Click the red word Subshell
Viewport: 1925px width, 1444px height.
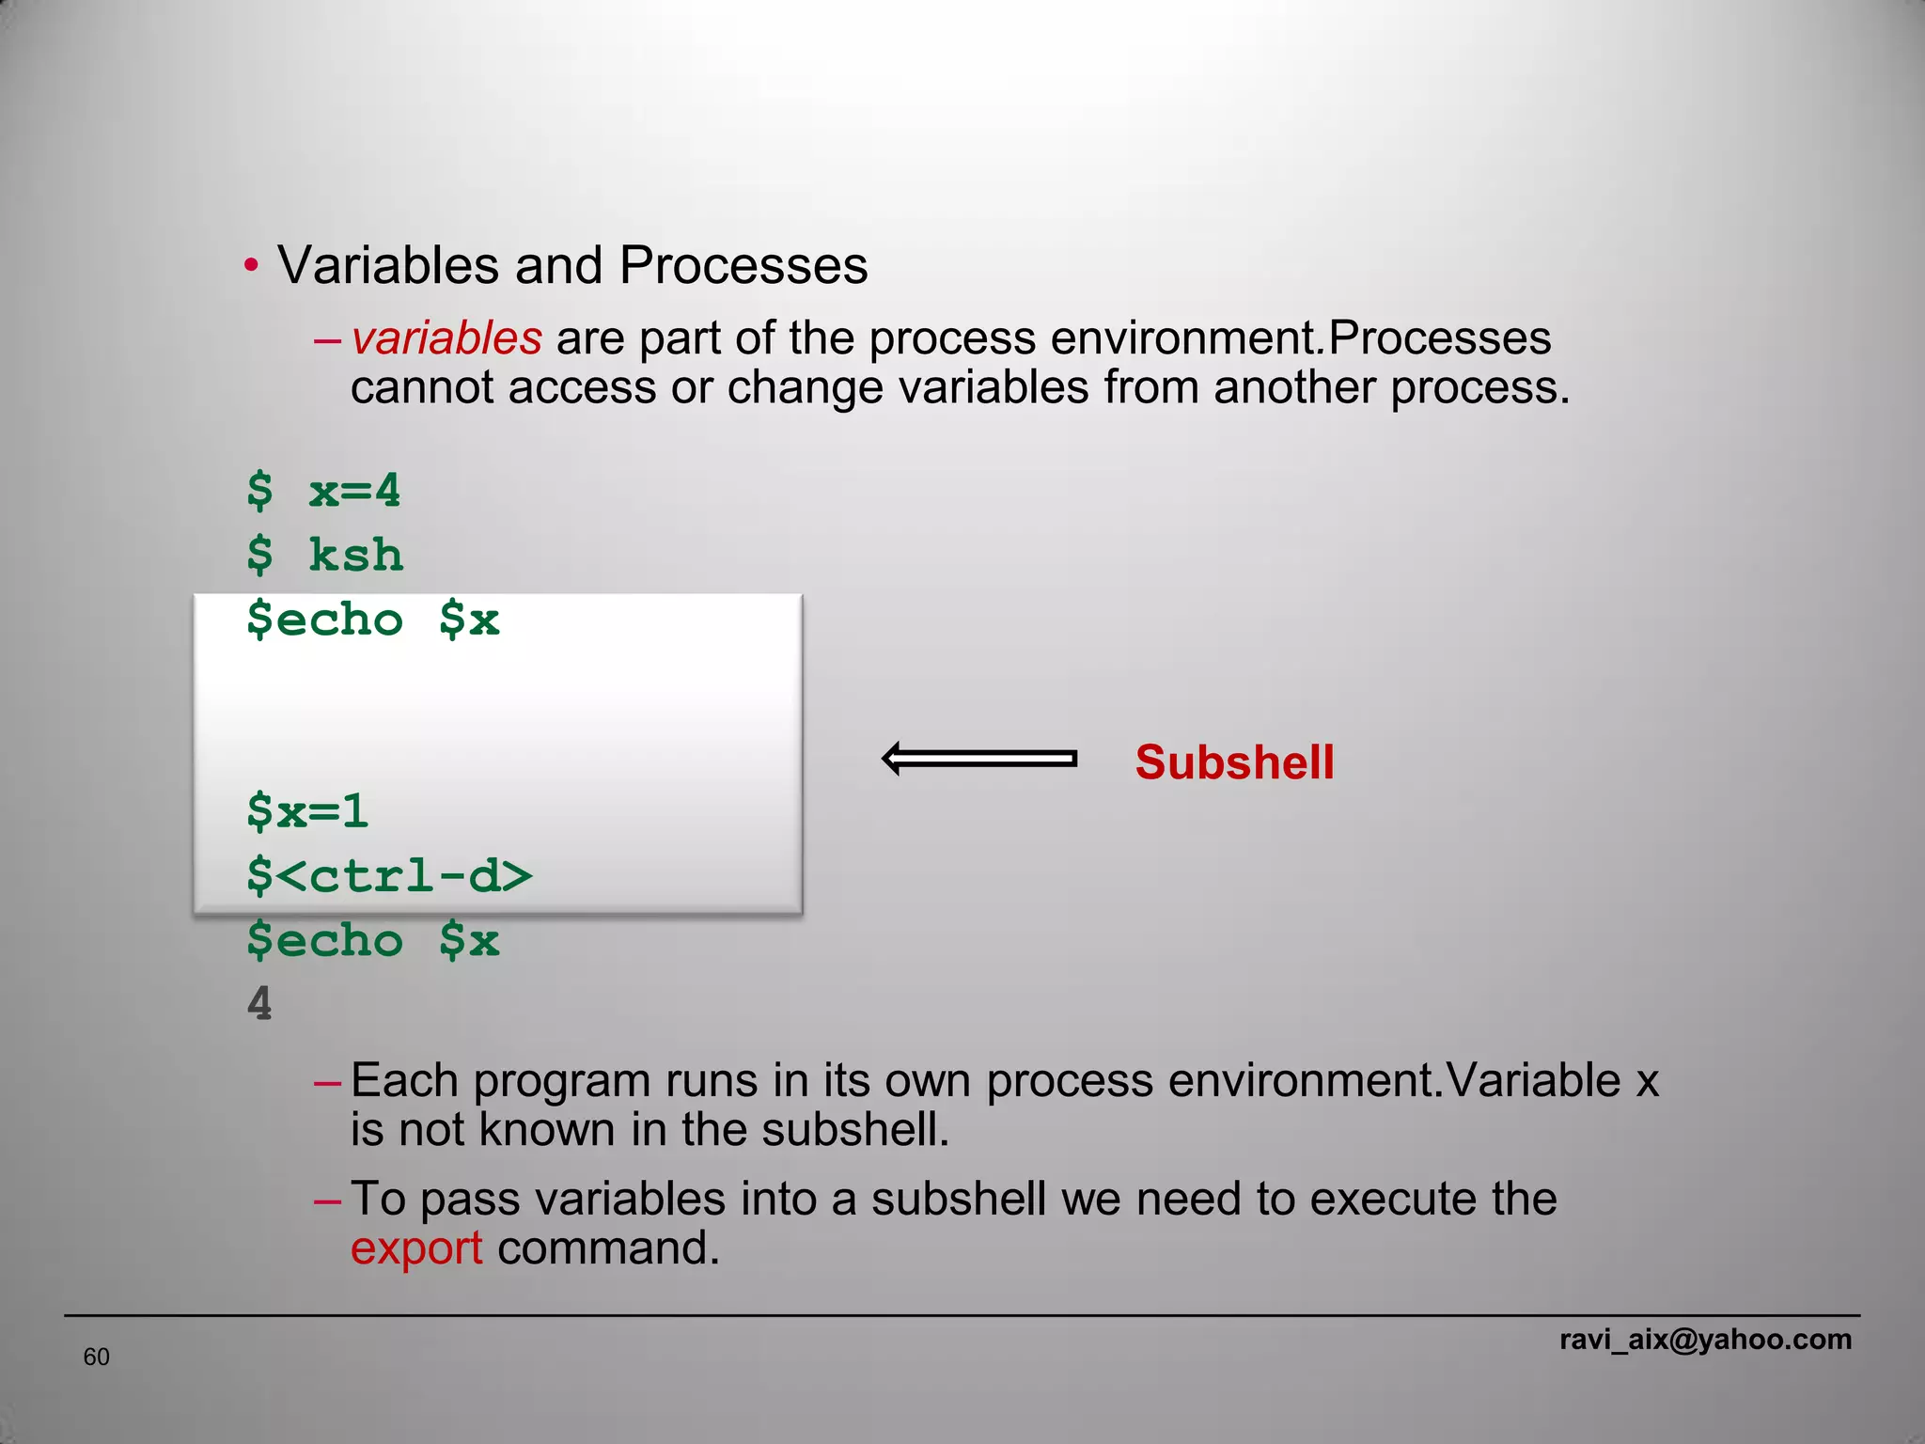[x=1234, y=762]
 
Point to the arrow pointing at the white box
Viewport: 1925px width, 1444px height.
[x=979, y=759]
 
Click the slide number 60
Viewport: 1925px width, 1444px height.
[x=97, y=1357]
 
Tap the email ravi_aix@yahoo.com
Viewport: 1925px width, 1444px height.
[x=1705, y=1339]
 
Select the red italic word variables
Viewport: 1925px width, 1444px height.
[x=446, y=338]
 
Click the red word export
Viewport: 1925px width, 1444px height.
[x=416, y=1248]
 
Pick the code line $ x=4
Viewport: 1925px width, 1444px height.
[x=323, y=492]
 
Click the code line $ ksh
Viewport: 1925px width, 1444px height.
[x=325, y=556]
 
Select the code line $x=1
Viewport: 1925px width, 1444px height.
[x=307, y=811]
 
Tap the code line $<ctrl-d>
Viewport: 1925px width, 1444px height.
[x=389, y=876]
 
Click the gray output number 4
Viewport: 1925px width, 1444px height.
[x=259, y=1004]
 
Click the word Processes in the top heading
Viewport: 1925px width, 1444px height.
[x=743, y=265]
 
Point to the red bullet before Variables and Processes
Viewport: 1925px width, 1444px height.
[x=251, y=266]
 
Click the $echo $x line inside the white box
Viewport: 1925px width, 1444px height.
[x=372, y=620]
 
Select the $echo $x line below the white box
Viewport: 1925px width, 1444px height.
[x=372, y=941]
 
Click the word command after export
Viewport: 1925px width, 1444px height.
[x=608, y=1248]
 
